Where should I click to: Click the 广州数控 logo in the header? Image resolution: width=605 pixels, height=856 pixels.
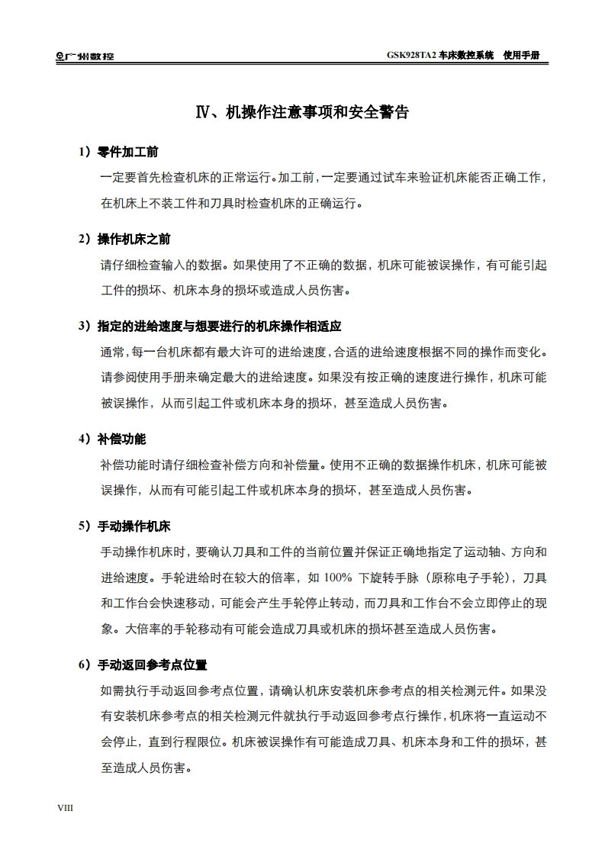[x=85, y=56]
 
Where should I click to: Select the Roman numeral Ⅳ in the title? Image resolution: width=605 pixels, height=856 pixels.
[x=204, y=113]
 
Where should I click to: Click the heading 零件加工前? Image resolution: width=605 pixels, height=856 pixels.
[x=127, y=152]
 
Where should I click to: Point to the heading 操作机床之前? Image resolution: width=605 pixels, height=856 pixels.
[x=134, y=239]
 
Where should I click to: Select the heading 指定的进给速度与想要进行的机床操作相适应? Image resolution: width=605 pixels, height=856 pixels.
[x=219, y=326]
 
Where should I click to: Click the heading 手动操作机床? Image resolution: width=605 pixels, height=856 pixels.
[x=134, y=526]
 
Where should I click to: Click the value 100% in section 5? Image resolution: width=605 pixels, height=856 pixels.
[x=338, y=577]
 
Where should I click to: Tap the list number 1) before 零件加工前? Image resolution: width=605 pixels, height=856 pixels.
[x=85, y=152]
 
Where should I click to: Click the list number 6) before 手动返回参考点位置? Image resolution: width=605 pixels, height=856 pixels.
[x=85, y=665]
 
